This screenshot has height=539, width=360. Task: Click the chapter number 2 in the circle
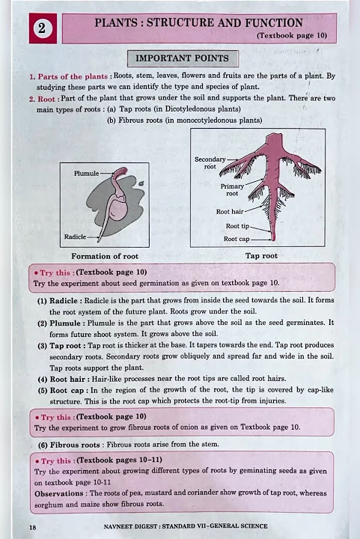[x=42, y=28]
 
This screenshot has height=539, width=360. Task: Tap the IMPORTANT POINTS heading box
[x=183, y=58]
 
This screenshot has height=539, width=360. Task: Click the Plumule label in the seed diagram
[x=87, y=174]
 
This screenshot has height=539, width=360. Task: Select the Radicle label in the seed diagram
[x=76, y=237]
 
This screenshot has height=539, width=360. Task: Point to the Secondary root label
[x=210, y=163]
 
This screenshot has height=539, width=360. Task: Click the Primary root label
[x=232, y=189]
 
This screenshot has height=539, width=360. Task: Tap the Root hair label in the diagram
[x=230, y=212]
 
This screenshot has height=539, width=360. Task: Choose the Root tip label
[x=237, y=226]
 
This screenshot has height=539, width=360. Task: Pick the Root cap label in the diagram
[x=237, y=239]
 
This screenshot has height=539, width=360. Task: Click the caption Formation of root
[x=105, y=257]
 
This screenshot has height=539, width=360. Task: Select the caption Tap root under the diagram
[x=261, y=256]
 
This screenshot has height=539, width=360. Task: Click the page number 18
[x=33, y=527]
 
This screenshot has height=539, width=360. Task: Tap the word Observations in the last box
[x=58, y=493]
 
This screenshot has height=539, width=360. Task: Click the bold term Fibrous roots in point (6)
[x=75, y=445]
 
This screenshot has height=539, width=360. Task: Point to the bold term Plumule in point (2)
[x=65, y=323]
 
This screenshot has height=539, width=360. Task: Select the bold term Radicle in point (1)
[x=64, y=301]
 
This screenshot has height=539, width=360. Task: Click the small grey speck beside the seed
[x=141, y=184]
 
